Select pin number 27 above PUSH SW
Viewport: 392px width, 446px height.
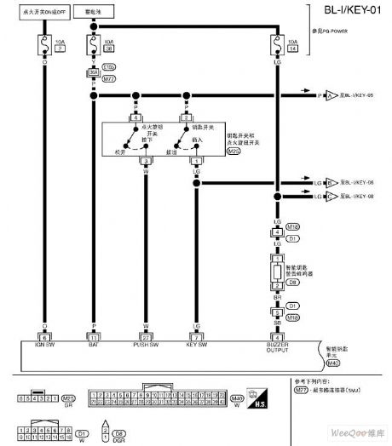coord(146,336)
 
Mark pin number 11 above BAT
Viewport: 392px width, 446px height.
coord(94,336)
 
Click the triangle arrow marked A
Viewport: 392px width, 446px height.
coord(308,97)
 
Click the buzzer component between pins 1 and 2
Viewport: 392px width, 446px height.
coord(277,273)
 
